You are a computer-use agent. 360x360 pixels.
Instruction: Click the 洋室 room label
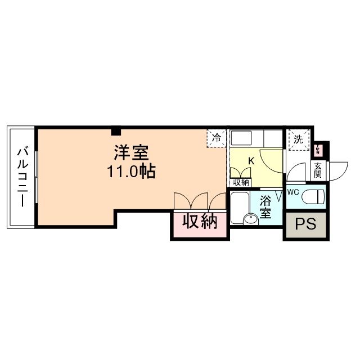(x=132, y=152)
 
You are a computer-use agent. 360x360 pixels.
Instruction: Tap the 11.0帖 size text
(x=132, y=171)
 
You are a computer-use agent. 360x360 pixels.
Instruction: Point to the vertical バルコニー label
(x=22, y=177)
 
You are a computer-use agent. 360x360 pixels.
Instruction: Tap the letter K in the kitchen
(x=251, y=161)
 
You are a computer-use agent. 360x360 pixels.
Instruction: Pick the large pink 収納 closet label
(x=200, y=222)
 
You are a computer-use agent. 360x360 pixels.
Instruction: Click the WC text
(x=293, y=192)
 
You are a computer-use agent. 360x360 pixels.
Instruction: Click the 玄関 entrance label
(x=318, y=170)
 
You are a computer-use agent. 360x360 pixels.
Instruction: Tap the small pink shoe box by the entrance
(x=319, y=150)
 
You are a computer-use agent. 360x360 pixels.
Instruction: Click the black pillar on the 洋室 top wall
(x=116, y=132)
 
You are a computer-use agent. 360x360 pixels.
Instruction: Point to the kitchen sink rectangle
(x=243, y=138)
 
